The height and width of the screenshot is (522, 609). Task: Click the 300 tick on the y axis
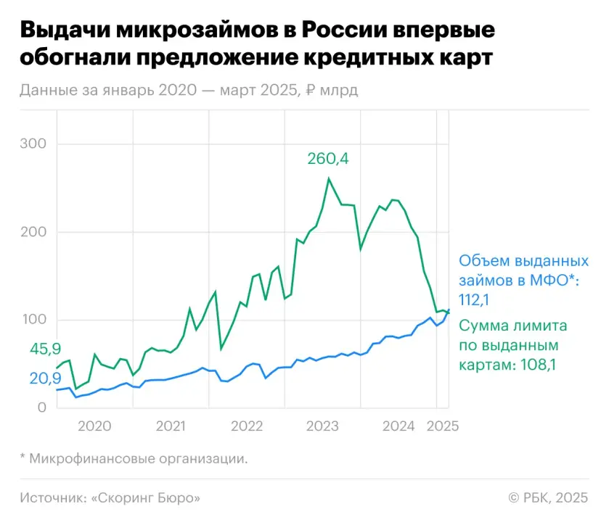pos(32,144)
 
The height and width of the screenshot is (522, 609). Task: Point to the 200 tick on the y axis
pos(32,232)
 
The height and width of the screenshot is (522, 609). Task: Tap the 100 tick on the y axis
pos(32,320)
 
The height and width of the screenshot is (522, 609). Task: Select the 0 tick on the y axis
pos(41,408)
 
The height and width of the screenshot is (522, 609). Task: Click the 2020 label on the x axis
pos(94,426)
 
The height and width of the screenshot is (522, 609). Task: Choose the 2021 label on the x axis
pos(170,426)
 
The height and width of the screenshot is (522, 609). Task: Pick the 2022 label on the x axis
pos(246,426)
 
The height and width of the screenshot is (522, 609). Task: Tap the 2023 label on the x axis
pos(322,426)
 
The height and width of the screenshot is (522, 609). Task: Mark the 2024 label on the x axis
pos(397,426)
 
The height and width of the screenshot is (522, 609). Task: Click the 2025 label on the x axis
pos(442,426)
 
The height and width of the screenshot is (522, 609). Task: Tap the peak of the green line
pos(329,178)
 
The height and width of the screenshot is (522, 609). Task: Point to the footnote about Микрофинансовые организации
pos(134,458)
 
